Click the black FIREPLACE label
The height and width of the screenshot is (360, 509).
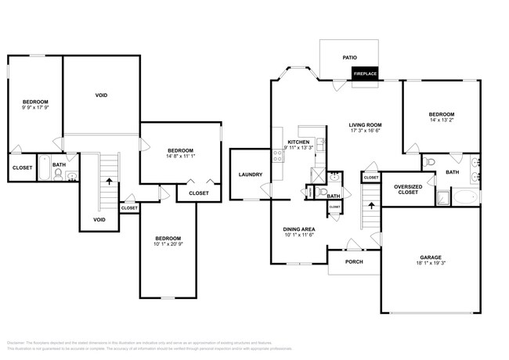(x=365, y=74)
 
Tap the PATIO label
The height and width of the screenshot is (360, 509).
(x=349, y=57)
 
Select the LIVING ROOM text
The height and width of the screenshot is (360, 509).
(x=365, y=124)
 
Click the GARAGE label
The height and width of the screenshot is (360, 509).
(x=430, y=257)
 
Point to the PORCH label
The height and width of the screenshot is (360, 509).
(x=354, y=262)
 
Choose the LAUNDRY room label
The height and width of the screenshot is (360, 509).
(x=250, y=174)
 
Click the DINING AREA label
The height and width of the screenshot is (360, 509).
(x=298, y=229)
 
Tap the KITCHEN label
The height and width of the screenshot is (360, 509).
(x=298, y=142)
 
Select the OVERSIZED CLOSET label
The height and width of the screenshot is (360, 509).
(x=407, y=189)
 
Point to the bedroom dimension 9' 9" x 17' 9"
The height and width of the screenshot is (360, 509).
(x=35, y=108)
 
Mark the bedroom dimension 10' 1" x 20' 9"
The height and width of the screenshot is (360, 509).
(x=168, y=244)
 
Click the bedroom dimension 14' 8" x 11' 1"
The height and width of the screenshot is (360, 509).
(x=180, y=157)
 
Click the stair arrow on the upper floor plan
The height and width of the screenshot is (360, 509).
(x=109, y=181)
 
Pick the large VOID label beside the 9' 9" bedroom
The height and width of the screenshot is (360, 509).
(x=101, y=95)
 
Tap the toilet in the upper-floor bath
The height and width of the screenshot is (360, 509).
(x=58, y=173)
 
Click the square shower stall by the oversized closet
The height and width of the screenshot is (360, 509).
(x=443, y=196)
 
